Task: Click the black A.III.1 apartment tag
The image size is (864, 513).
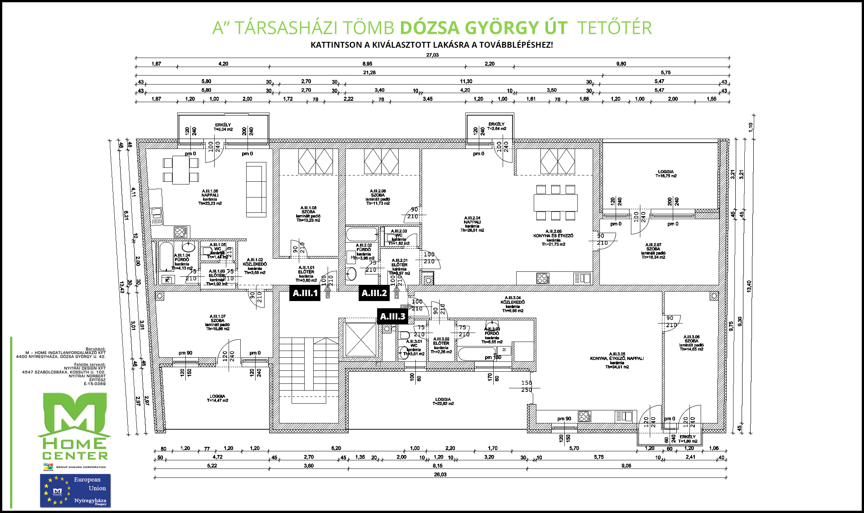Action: coord(305,293)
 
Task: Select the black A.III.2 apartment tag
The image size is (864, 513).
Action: coord(374,293)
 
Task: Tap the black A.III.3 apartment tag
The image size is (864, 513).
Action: coord(392,316)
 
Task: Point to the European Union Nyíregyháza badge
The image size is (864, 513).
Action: coord(75,490)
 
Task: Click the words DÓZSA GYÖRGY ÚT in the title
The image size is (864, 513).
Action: coord(483,28)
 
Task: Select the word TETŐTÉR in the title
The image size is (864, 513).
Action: coord(614,28)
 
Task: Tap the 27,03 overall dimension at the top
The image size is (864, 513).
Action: coord(432,55)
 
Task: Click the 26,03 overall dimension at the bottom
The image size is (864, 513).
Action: coord(440,475)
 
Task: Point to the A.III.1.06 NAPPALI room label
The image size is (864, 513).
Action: coord(210,197)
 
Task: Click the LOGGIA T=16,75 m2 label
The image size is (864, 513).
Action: coord(666,174)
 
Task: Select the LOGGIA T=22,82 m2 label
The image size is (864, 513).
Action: coord(443,401)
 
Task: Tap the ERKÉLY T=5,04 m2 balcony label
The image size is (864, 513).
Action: coord(223,127)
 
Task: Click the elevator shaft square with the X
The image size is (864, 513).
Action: coord(360,340)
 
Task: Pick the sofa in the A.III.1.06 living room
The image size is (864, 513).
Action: coord(256,190)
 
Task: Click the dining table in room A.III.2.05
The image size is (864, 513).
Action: coord(555,202)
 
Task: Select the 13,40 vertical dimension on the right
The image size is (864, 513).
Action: coord(749,286)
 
